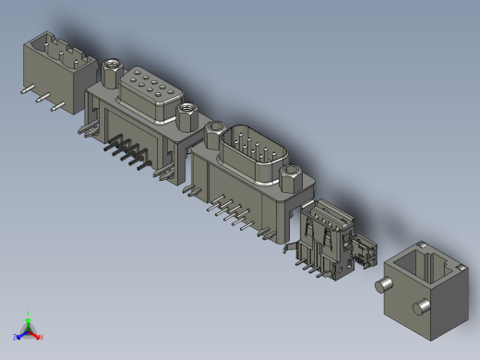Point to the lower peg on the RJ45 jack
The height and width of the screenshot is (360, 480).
(421, 306)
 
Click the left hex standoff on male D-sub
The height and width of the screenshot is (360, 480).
(215, 134)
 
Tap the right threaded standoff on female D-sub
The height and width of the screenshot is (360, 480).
(186, 113)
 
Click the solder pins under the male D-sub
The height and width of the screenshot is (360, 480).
(231, 214)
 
